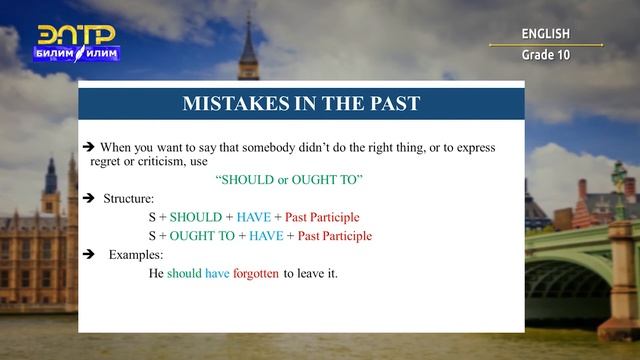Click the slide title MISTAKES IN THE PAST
tap(301, 104)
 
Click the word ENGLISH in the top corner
tap(545, 34)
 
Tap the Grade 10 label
tap(545, 55)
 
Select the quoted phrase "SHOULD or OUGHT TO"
tap(289, 179)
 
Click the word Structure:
tap(129, 198)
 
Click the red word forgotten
tap(256, 273)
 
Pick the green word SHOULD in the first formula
tap(196, 217)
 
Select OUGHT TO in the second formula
tap(202, 236)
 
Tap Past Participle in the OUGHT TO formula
tap(334, 236)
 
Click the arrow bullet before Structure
tap(88, 198)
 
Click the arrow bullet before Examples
tap(88, 255)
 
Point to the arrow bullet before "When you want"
tap(89, 147)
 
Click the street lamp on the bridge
tap(619, 185)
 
